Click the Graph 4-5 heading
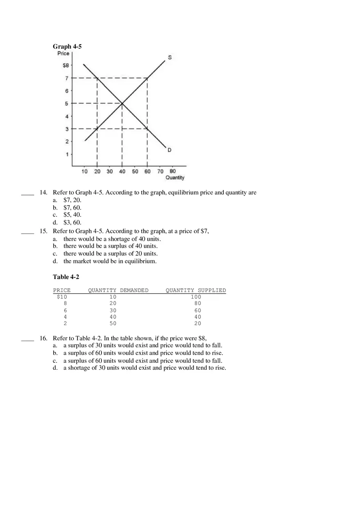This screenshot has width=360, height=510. click(x=67, y=47)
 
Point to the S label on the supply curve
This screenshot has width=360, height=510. click(x=169, y=57)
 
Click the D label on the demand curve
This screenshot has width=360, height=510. click(x=169, y=150)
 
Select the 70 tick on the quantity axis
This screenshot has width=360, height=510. click(x=160, y=171)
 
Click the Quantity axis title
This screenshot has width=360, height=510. click(x=175, y=177)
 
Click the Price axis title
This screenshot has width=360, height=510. click(x=63, y=53)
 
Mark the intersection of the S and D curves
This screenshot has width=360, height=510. click(x=122, y=103)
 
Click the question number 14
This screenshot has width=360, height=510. click(x=43, y=193)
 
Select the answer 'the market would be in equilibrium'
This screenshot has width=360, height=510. click(x=110, y=261)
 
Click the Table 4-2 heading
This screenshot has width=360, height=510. click(x=66, y=277)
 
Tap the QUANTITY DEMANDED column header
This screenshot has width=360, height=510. click(x=118, y=290)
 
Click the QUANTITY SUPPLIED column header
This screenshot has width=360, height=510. click(x=196, y=290)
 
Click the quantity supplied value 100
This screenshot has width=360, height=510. click(x=196, y=297)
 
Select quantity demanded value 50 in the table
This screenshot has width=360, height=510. click(x=113, y=324)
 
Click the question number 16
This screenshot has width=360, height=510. click(x=43, y=338)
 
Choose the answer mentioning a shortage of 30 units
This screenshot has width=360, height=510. click(x=144, y=368)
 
